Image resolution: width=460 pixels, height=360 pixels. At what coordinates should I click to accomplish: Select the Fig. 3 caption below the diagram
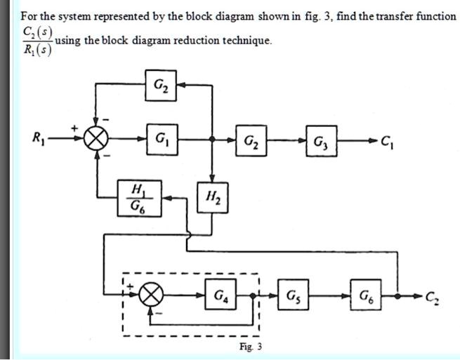(249, 347)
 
